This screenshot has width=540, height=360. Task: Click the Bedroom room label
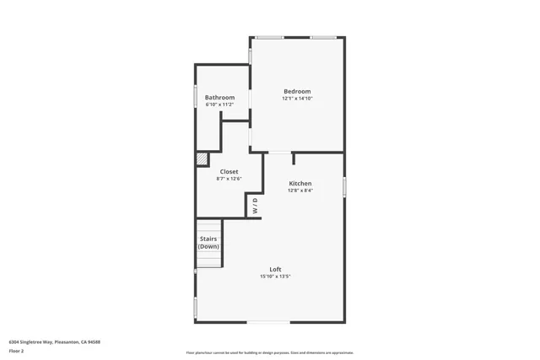(x=297, y=91)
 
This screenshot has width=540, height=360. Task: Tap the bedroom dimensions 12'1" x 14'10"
(x=297, y=99)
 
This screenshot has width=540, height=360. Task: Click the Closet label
(x=229, y=171)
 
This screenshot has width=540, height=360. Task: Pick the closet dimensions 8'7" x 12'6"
(x=229, y=179)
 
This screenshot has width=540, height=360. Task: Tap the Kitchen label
(x=300, y=183)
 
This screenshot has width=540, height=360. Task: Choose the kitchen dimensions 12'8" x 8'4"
(x=300, y=191)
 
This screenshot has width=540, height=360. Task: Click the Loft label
(x=275, y=269)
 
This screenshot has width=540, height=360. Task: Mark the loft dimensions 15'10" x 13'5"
(x=275, y=277)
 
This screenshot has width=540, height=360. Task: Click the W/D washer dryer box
(x=255, y=205)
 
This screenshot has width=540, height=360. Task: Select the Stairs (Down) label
(x=208, y=242)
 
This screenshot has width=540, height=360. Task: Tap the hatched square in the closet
(x=202, y=159)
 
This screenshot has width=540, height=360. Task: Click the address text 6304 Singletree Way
(x=55, y=341)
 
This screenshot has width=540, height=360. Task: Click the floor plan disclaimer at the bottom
(x=270, y=352)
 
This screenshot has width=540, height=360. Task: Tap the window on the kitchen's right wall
(x=344, y=186)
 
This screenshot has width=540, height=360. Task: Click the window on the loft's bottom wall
(x=267, y=321)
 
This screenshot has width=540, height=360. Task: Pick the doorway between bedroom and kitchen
(x=278, y=153)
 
